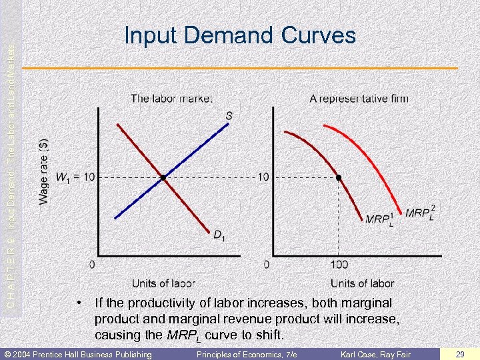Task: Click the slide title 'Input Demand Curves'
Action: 240,35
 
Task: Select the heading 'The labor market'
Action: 171,99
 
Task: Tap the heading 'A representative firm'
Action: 359,99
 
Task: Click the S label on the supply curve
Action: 229,116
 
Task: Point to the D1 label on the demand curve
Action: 218,234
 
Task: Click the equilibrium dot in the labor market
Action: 162,177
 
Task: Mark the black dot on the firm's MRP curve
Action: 338,177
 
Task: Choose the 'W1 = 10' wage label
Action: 75,177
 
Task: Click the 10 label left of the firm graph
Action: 263,177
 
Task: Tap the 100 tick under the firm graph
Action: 338,265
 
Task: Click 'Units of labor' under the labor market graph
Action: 163,283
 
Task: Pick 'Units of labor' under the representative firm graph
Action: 362,283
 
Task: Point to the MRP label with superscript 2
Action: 419,213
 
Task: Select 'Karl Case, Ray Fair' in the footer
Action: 376,354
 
